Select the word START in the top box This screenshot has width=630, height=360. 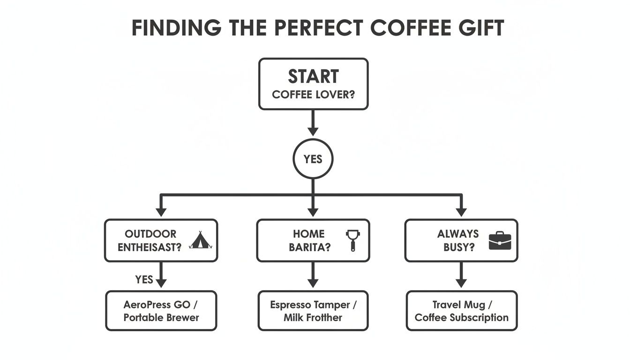coord(313,76)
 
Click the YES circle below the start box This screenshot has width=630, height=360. coord(313,159)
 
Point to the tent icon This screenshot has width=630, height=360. coord(200,240)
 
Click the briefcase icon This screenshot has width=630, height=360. coord(500,240)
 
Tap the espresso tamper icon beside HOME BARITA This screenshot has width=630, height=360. coord(352,240)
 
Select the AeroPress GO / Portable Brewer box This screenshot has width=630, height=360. coord(161,311)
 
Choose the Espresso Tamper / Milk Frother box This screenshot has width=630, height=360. coord(313,311)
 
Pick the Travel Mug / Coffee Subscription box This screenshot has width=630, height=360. coord(461,311)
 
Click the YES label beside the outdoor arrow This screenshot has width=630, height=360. coord(144,279)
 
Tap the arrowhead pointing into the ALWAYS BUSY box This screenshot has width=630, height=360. coord(461,211)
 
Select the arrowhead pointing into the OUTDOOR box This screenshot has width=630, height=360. coord(161,211)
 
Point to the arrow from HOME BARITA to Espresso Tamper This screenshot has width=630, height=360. coord(313,276)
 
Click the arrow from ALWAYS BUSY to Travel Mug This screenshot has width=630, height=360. coord(461,276)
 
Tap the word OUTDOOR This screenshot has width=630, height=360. coord(150,234)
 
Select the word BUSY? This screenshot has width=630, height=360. coord(456,247)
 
